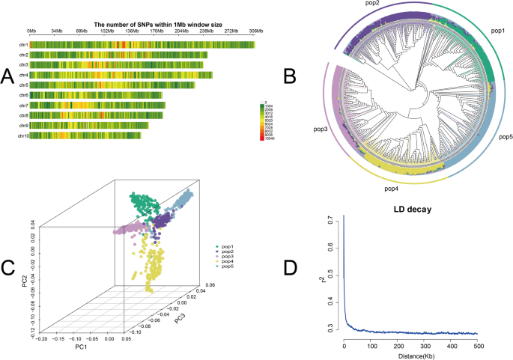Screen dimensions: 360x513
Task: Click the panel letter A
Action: tap(8, 76)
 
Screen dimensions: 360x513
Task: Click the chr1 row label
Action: tap(23, 46)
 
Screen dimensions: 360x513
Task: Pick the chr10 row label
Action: tap(22, 136)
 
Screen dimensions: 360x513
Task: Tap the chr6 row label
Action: tap(23, 96)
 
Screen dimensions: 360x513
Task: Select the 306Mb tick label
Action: tap(254, 32)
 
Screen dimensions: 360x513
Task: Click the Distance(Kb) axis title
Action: tap(410, 355)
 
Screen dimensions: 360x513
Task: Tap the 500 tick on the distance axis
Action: tap(476, 345)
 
